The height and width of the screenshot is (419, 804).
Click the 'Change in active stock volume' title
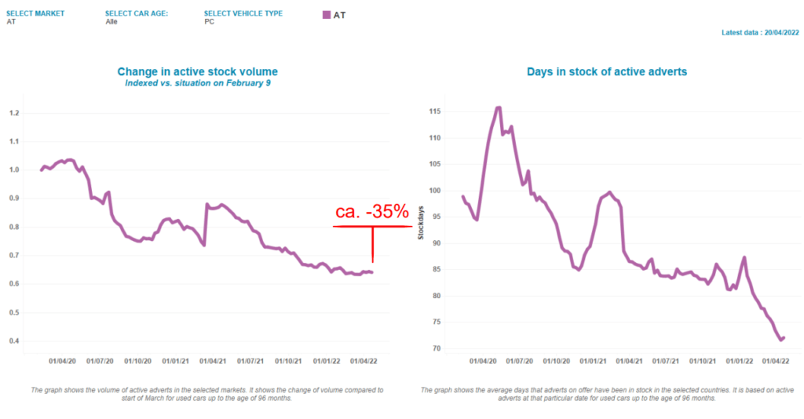pos(198,71)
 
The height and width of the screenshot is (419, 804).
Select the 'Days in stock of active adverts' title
pos(607,71)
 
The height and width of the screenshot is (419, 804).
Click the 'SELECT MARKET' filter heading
pos(35,13)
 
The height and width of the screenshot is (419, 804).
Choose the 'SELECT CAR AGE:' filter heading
pos(137,13)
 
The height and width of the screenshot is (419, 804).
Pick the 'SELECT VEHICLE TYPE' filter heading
pos(243,13)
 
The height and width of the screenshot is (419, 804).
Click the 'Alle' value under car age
pos(111,22)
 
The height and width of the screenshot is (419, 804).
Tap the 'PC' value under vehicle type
pos(209,22)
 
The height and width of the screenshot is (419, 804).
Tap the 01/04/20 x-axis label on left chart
pos(63,362)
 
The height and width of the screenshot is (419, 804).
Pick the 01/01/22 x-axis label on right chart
pos(739,362)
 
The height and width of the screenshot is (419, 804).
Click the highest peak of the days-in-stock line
pos(498,107)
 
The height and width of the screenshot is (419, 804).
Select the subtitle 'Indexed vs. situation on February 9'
pos(198,82)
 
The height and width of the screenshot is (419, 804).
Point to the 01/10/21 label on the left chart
pos(287,362)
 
